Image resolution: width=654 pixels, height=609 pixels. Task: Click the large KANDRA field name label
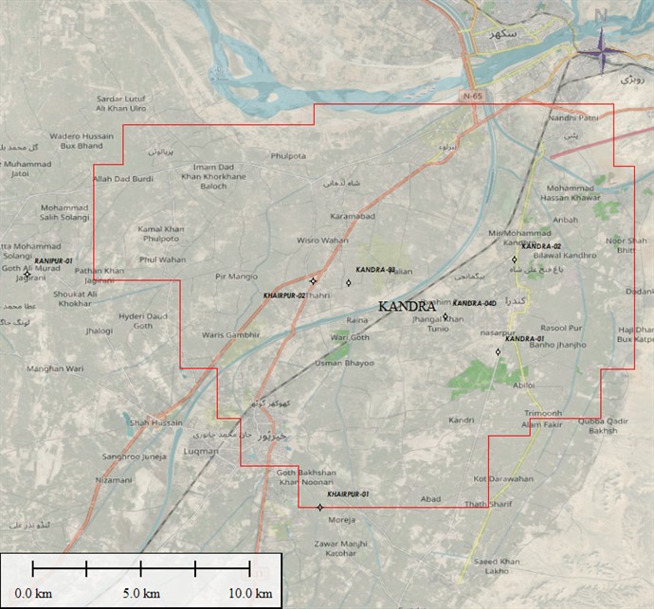412,307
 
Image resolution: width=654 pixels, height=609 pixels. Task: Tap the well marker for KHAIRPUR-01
319,507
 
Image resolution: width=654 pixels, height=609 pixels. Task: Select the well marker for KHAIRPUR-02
313,281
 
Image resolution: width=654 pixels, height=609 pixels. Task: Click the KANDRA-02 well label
541,246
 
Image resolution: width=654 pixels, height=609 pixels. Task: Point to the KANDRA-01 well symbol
498,352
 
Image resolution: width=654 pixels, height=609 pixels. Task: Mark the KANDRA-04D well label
475,303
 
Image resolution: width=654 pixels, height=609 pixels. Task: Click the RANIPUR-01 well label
54,260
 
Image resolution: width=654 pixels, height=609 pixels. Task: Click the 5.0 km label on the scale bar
140,593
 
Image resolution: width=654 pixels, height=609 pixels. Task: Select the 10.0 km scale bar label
249,593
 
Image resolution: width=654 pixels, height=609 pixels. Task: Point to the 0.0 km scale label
32,593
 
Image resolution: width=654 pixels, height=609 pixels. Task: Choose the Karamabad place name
353,217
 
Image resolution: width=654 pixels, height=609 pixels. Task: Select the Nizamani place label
114,480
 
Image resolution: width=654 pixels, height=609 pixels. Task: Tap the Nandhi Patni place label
574,117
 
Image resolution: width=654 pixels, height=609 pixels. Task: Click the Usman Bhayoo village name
344,363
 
